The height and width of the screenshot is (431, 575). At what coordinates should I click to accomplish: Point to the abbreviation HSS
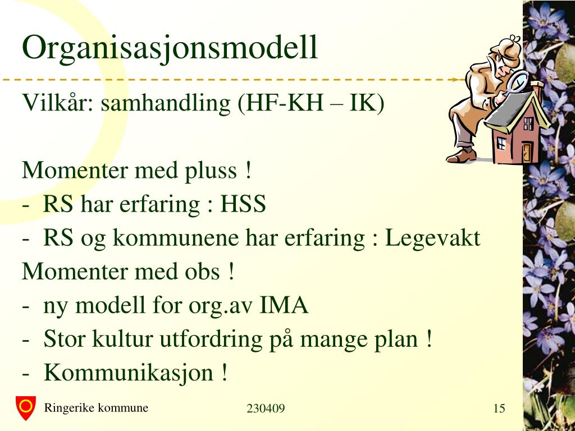point(243,204)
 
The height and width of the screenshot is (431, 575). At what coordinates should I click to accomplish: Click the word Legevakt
point(432,239)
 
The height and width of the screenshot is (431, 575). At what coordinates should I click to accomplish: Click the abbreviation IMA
point(284,305)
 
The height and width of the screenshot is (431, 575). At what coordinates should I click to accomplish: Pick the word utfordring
point(211,340)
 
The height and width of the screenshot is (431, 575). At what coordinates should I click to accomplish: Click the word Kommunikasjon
point(129,373)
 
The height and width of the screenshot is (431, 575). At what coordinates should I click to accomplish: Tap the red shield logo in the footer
point(26,407)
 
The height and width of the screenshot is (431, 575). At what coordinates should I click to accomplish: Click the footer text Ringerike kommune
point(96,408)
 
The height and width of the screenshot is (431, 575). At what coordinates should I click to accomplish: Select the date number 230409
point(266,409)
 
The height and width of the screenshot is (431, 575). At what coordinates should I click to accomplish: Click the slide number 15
point(499,409)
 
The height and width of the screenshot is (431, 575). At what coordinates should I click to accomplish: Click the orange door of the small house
point(527,153)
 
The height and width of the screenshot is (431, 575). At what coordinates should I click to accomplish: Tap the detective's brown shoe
point(461,155)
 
